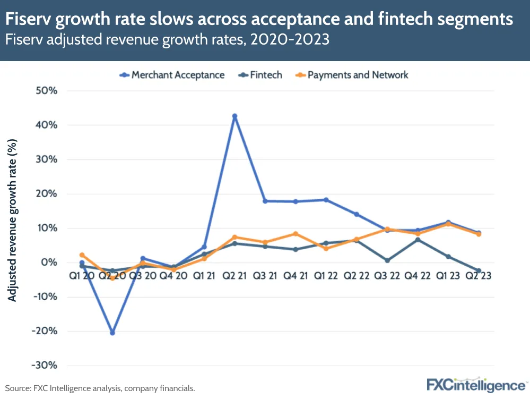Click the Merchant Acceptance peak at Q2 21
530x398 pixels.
[234, 116]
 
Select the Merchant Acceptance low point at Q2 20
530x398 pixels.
[112, 333]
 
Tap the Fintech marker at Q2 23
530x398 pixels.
[479, 270]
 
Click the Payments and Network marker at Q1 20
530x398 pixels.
[82, 255]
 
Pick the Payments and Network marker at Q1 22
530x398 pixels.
[326, 248]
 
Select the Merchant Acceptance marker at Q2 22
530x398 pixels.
[357, 214]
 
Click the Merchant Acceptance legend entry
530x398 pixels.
[172, 75]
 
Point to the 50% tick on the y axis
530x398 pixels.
[46, 91]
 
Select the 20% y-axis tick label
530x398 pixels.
[46, 194]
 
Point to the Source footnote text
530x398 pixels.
[100, 388]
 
